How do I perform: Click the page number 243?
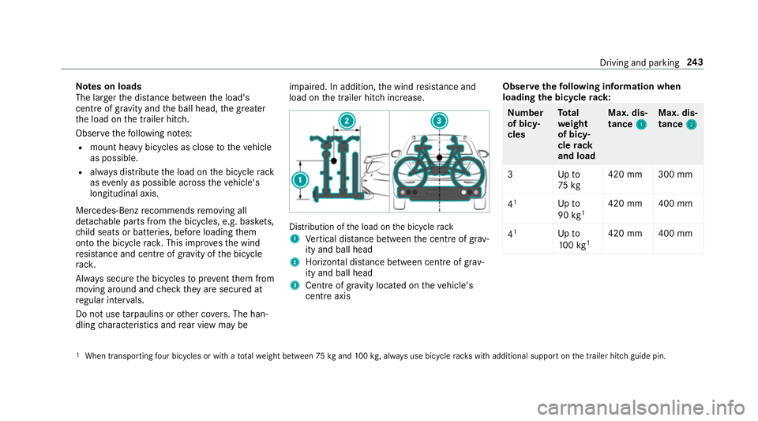click(x=695, y=62)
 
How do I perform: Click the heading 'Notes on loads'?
click(x=109, y=87)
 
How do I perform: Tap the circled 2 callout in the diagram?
click(x=347, y=121)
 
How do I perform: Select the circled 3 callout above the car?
click(x=439, y=121)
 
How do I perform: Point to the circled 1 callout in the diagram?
click(x=300, y=180)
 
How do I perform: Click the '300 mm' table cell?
click(x=675, y=175)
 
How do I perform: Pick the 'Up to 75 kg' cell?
click(x=569, y=180)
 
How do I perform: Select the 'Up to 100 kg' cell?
click(x=573, y=239)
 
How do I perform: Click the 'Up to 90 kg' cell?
click(x=571, y=209)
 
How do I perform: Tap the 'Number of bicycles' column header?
click(x=526, y=123)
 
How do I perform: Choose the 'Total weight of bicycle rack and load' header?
click(x=576, y=134)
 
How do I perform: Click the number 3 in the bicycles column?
click(x=510, y=175)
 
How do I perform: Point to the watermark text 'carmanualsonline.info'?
click(x=641, y=408)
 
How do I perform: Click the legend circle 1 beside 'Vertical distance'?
click(x=295, y=239)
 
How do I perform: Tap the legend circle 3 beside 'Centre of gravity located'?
click(x=295, y=286)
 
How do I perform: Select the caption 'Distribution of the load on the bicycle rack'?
click(x=371, y=227)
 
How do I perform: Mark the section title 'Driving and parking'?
click(x=639, y=63)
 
